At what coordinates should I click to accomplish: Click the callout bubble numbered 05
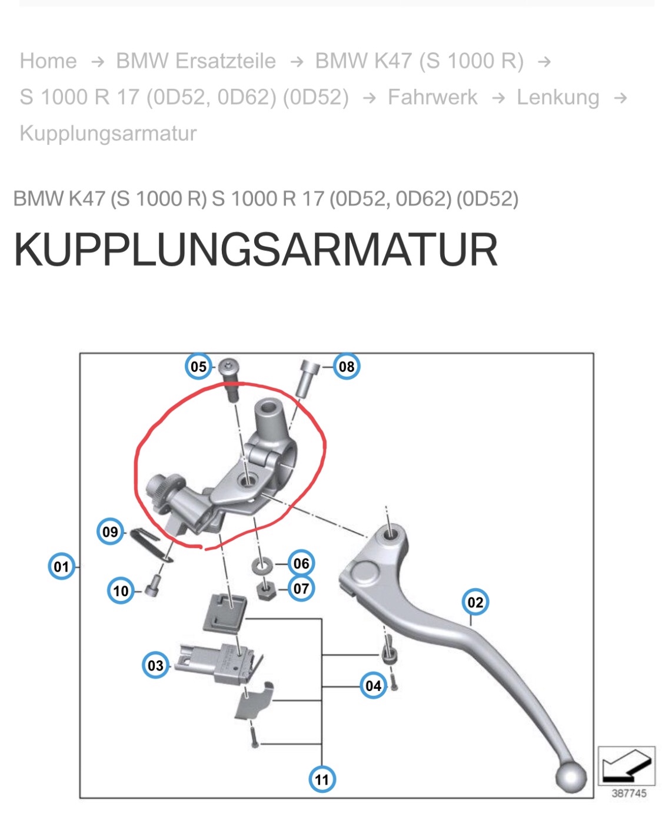tap(198, 367)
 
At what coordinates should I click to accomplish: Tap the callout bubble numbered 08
tap(347, 367)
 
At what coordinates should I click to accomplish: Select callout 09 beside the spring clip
tap(110, 532)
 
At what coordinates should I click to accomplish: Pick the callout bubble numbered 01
tap(61, 567)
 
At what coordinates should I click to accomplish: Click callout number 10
tap(121, 590)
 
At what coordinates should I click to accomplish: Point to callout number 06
tap(301, 564)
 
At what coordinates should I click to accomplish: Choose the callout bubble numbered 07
tap(301, 588)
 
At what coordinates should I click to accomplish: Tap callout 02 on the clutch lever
tap(475, 602)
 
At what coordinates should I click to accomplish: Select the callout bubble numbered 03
tap(155, 666)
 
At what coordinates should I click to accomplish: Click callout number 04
tap(373, 686)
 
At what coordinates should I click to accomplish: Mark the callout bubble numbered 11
tap(322, 780)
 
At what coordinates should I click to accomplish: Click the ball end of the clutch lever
tap(570, 778)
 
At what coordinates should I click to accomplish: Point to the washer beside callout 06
tap(261, 566)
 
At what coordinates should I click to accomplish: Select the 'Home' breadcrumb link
tap(48, 61)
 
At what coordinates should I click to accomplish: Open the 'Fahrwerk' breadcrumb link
tap(433, 97)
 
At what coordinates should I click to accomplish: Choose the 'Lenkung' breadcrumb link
tap(558, 97)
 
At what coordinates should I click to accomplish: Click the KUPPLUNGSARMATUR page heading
tap(255, 250)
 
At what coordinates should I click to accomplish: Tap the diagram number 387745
tap(628, 793)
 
